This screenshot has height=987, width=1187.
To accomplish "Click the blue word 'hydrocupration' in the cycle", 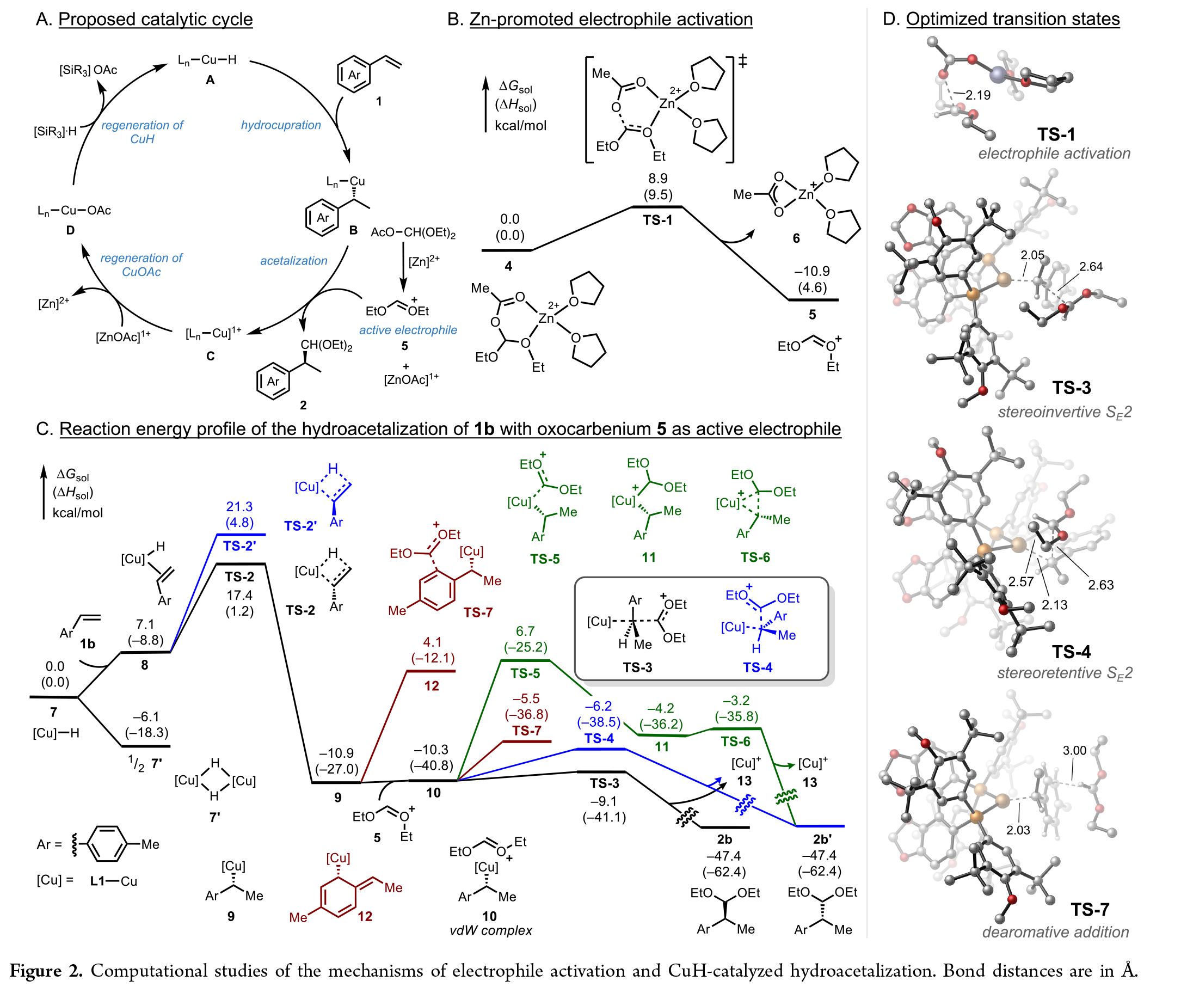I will point(280,125).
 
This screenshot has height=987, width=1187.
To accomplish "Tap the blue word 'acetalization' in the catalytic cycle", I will point(293,261).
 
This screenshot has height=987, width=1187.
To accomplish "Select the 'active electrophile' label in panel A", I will point(408,330).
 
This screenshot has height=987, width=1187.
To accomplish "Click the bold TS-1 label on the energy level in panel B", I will point(657,220).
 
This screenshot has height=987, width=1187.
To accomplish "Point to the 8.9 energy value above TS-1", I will point(657,179).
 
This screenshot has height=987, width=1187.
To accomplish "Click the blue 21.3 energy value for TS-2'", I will point(239,506).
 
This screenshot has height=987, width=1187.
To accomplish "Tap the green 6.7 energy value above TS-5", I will point(525,631).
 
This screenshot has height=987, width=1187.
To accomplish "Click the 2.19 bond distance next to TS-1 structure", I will point(978,95).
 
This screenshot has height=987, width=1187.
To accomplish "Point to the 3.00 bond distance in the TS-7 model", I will point(1074,751).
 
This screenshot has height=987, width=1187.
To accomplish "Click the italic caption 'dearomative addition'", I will point(1055,932).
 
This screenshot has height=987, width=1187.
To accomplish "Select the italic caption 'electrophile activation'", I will point(1054,154).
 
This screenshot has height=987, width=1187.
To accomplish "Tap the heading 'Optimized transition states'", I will point(1012,19).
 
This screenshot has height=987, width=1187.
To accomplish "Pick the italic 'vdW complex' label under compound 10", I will point(490,930).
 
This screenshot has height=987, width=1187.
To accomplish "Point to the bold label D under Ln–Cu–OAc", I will point(70,230).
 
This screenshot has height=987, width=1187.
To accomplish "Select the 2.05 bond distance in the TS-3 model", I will point(1032,255).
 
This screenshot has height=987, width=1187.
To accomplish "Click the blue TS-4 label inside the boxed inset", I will point(758,667).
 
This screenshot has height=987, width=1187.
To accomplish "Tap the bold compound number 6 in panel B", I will point(796,238).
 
